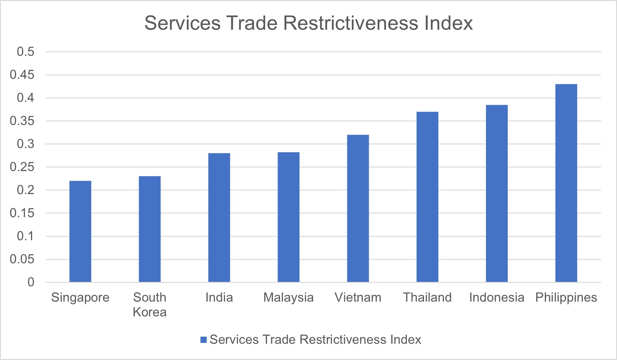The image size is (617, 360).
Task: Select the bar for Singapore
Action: (80, 231)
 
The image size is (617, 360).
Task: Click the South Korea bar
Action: (150, 229)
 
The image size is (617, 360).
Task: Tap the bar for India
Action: (219, 218)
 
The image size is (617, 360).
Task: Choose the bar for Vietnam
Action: (358, 208)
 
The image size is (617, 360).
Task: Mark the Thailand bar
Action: (427, 197)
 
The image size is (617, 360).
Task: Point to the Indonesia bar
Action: (497, 194)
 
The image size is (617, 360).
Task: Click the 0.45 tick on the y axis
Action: (22, 75)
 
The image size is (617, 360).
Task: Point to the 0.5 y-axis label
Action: (26, 52)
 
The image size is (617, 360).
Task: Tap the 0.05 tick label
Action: (22, 259)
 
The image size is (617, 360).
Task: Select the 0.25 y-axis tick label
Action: (22, 167)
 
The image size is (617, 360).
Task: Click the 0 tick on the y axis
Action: (31, 282)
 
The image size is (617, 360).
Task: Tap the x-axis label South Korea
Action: (150, 305)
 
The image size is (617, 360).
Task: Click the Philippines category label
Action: (566, 298)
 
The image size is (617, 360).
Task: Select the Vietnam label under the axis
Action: (358, 297)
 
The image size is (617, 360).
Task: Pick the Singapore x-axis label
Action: (80, 298)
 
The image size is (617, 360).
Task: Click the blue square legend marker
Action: (204, 340)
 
